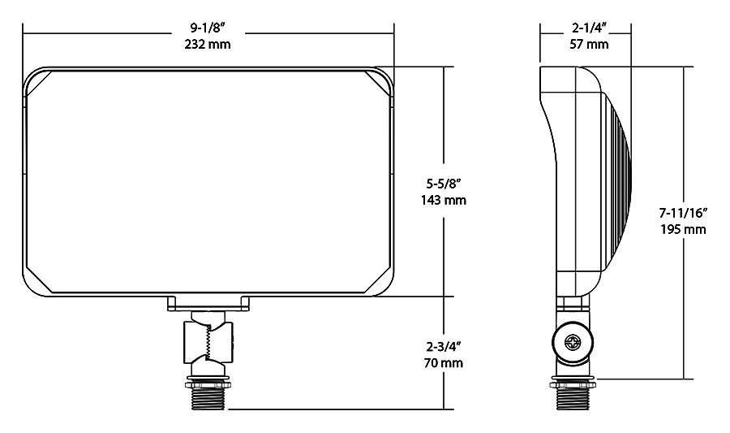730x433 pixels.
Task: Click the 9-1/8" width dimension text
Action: [208, 29]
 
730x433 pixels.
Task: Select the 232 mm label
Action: [208, 44]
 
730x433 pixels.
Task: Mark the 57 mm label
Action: [588, 44]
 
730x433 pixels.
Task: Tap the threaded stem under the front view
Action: [208, 397]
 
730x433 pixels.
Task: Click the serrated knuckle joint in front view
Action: [208, 341]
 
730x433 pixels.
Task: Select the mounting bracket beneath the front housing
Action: [208, 304]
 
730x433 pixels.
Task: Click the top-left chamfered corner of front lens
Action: [39, 84]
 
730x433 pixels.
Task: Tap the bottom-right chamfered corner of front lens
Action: [377, 279]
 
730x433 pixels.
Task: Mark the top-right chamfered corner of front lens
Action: [378, 84]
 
